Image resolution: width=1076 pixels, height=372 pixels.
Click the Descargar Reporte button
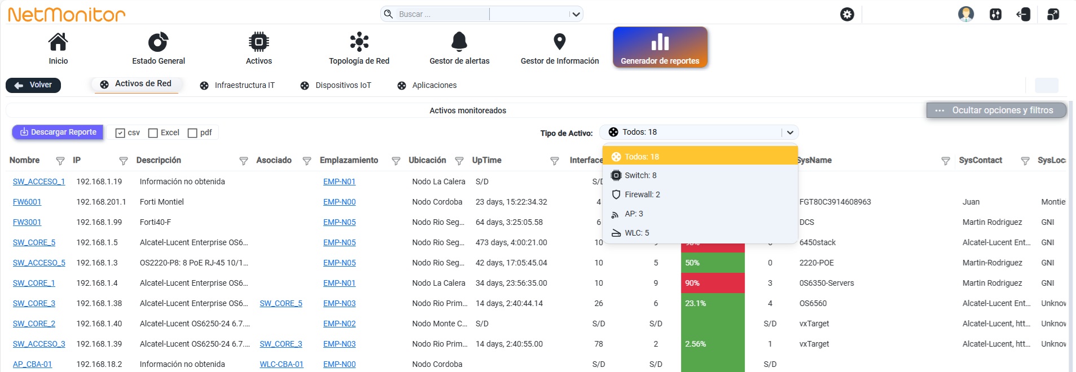pos(58,132)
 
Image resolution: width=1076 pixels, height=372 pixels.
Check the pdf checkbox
pos(192,133)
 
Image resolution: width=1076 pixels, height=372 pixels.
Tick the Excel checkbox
pos(153,133)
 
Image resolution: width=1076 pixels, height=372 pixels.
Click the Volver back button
pos(33,85)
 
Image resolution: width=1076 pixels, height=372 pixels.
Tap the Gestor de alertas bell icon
pos(459,42)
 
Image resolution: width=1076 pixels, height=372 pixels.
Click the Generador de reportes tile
pos(660,47)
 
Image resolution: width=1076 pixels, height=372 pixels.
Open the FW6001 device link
pos(27,202)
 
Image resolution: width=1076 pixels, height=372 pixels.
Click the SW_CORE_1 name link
pos(34,283)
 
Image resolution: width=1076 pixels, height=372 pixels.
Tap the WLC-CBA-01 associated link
pos(282,364)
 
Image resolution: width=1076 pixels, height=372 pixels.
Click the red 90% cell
pos(713,283)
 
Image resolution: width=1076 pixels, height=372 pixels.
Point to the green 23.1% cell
pos(713,303)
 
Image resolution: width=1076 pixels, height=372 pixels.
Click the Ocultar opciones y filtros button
pos(996,110)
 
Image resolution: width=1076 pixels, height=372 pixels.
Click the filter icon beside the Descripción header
pos(244,161)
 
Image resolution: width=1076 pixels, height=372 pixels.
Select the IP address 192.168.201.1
pos(102,202)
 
